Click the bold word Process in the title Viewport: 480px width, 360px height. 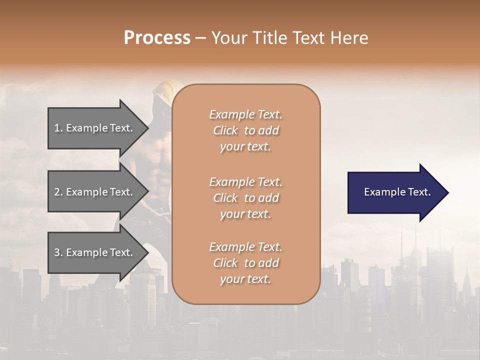pyautogui.click(x=157, y=38)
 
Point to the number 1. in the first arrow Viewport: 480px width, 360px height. pyautogui.click(x=58, y=128)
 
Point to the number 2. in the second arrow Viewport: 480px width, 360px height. pyautogui.click(x=58, y=192)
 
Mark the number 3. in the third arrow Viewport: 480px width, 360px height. pyautogui.click(x=58, y=252)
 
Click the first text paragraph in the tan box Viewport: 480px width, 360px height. pyautogui.click(x=245, y=130)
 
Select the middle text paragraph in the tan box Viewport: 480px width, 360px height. pyautogui.click(x=245, y=198)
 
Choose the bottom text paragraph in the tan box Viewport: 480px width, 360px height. pyautogui.click(x=245, y=263)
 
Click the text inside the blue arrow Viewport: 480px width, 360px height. pyautogui.click(x=397, y=192)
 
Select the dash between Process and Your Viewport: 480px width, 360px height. pyautogui.click(x=200, y=38)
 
